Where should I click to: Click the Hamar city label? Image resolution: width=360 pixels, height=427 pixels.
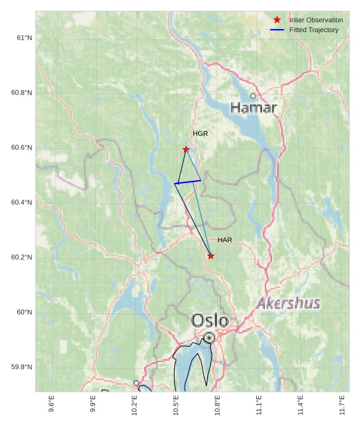tap(253, 108)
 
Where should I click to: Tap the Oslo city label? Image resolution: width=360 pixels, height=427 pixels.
tap(209, 321)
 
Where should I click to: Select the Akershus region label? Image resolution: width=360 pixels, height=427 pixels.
tap(288, 303)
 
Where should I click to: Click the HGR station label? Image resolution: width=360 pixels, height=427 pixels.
tap(200, 133)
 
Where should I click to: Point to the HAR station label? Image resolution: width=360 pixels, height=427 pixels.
tap(225, 240)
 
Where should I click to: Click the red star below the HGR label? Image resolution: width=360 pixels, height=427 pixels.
tap(186, 150)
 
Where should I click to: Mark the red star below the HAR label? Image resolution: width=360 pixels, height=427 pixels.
tap(211, 256)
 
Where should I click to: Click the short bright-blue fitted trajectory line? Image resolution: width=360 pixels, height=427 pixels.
tap(188, 182)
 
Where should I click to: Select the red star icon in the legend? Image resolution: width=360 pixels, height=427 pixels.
tap(277, 20)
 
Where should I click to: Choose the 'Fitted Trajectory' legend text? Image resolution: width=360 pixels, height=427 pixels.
tap(314, 30)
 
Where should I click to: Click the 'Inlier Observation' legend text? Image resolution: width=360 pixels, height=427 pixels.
tap(316, 20)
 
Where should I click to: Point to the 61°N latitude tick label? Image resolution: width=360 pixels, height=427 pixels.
tap(24, 38)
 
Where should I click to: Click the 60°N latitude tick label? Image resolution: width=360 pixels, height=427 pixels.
tap(24, 312)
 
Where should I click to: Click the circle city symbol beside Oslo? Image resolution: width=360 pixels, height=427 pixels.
tap(209, 337)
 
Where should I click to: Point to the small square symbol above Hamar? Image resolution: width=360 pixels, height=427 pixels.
tap(253, 96)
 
